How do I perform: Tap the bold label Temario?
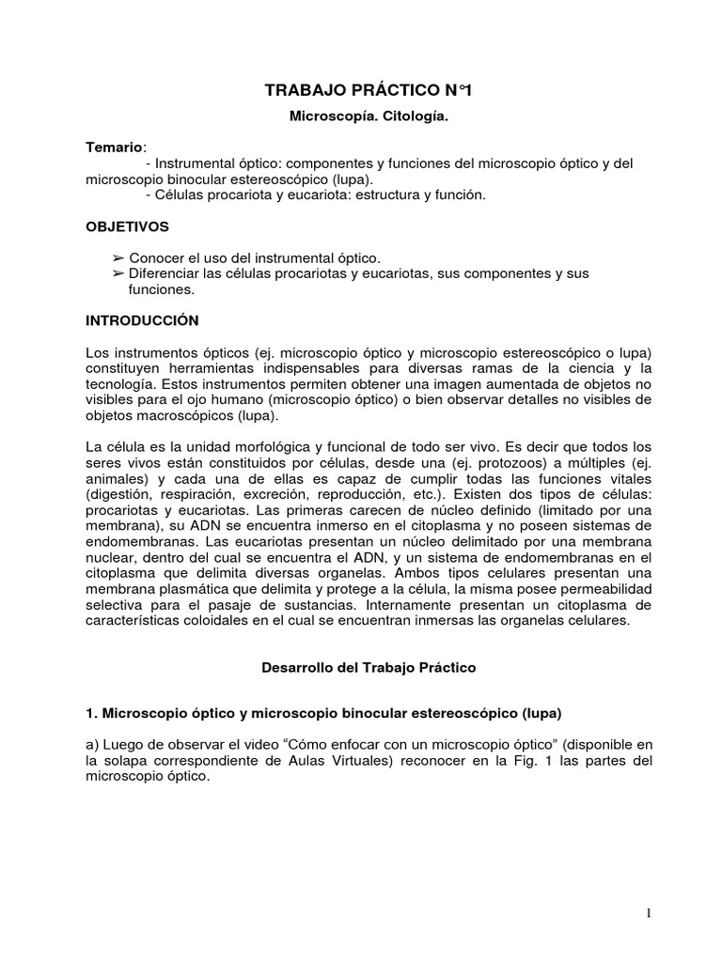click(x=115, y=147)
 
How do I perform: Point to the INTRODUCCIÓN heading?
click(x=143, y=319)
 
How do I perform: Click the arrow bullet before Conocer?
click(x=118, y=256)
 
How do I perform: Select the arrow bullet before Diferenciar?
click(x=118, y=272)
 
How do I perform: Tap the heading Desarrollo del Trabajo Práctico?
click(x=368, y=668)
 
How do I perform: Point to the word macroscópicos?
click(x=193, y=416)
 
